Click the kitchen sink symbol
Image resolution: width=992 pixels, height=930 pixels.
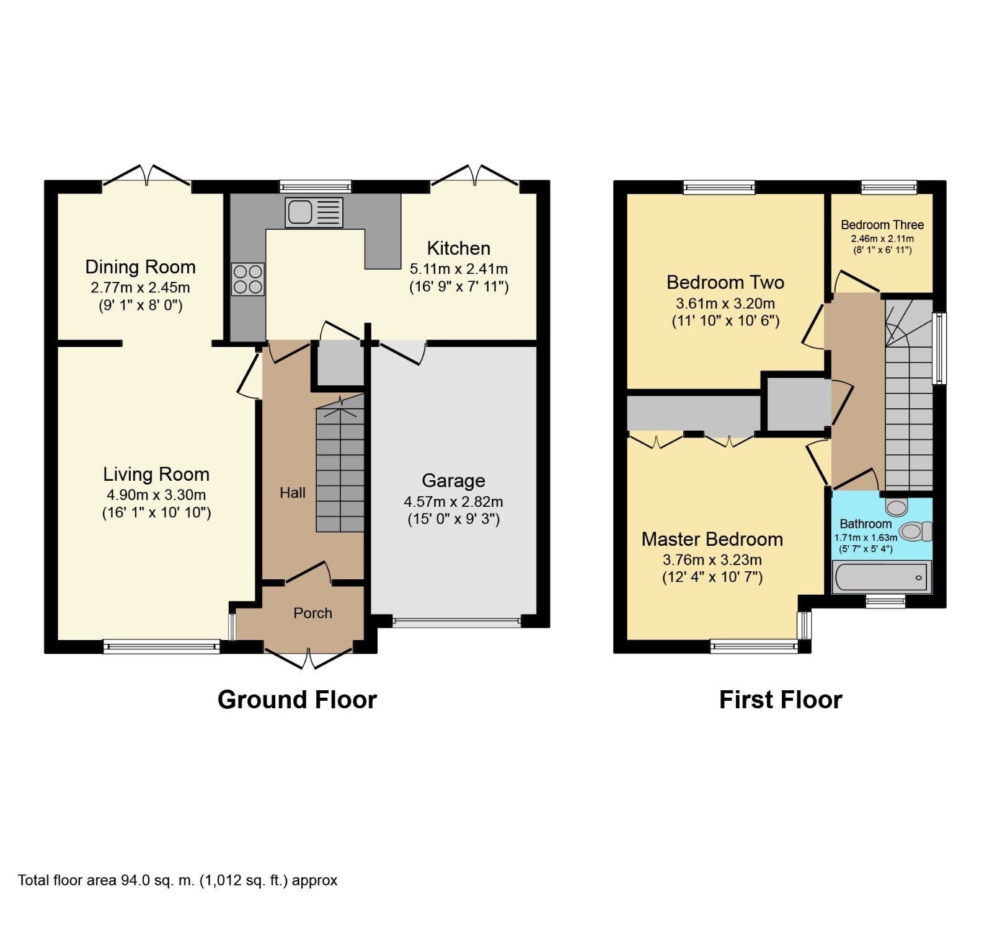(x=313, y=212)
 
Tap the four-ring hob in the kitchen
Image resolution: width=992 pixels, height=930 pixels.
(x=248, y=279)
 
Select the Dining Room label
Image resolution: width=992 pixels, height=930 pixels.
(x=140, y=267)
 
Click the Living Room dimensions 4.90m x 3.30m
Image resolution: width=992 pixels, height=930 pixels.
(x=156, y=495)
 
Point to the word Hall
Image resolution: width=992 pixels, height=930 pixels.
(x=293, y=493)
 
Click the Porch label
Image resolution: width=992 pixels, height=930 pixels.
(x=312, y=613)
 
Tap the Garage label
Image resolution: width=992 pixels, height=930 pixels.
(x=453, y=481)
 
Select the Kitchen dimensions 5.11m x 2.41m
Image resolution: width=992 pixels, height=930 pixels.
(x=459, y=269)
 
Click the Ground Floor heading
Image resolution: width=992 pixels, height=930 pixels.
(x=297, y=700)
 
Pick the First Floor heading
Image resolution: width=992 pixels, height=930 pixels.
(x=780, y=700)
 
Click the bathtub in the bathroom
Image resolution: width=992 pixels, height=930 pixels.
(x=880, y=577)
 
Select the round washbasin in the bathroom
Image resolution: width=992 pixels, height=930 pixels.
(x=896, y=507)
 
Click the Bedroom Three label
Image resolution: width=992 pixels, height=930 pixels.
(x=882, y=225)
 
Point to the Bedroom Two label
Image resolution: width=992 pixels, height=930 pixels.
(x=725, y=283)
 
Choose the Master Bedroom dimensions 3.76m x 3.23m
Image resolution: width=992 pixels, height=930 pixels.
(x=712, y=560)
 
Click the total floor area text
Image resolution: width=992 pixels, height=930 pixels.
(x=177, y=880)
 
